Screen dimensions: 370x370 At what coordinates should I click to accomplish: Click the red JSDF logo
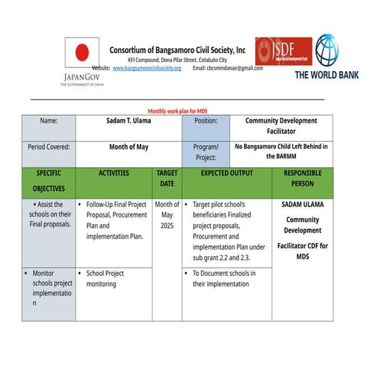(x=283, y=52)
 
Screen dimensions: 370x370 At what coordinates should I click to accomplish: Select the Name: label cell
(x=49, y=121)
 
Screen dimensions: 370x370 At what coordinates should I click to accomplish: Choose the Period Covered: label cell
(x=49, y=147)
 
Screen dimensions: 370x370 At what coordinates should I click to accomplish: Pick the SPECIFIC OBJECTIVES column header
(x=49, y=181)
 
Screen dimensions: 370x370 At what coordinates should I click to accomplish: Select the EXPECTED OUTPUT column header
(x=226, y=173)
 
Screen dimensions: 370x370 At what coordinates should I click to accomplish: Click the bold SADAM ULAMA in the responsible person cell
(x=303, y=204)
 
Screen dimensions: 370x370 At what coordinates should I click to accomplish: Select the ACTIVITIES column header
(x=114, y=173)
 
